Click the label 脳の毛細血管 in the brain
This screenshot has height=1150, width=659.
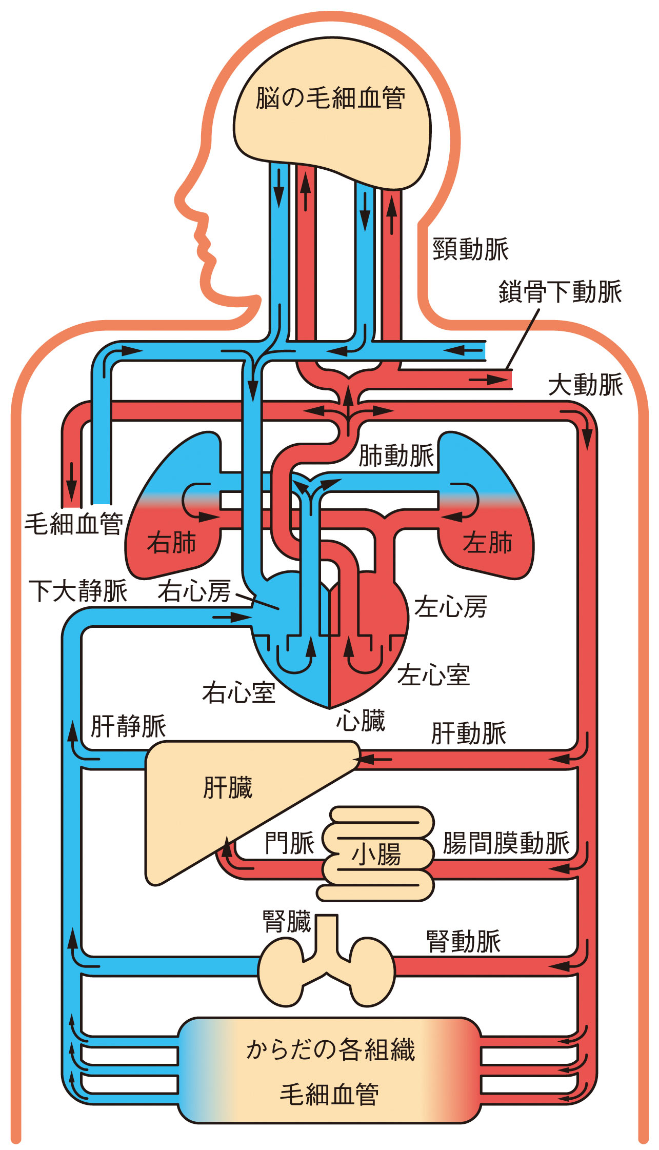pos(331,98)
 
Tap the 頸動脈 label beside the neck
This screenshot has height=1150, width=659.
pos(470,249)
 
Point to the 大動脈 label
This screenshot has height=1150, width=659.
pos(585,385)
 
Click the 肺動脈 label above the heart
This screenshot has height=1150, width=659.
pos(396,455)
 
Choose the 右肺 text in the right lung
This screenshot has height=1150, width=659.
pos(172,543)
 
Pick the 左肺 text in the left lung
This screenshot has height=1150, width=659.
pos(487,543)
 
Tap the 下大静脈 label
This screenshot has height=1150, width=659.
pos(78,591)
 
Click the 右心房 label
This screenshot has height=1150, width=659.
pos(194,591)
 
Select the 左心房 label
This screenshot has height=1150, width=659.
pos(450,607)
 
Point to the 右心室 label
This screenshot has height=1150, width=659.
pos(238,692)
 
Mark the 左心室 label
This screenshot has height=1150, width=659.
pos(433,675)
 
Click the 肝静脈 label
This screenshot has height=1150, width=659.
pos(128,726)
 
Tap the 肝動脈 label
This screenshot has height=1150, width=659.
pos(469,733)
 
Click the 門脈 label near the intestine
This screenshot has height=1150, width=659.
pos(289,843)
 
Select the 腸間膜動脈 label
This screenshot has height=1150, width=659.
pos(506,843)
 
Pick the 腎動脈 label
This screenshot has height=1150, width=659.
pos(464,942)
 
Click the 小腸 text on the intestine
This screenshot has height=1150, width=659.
pos(376,855)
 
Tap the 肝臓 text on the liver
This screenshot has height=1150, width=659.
pos(228,788)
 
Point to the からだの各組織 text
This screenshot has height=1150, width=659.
pos(331,1049)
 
